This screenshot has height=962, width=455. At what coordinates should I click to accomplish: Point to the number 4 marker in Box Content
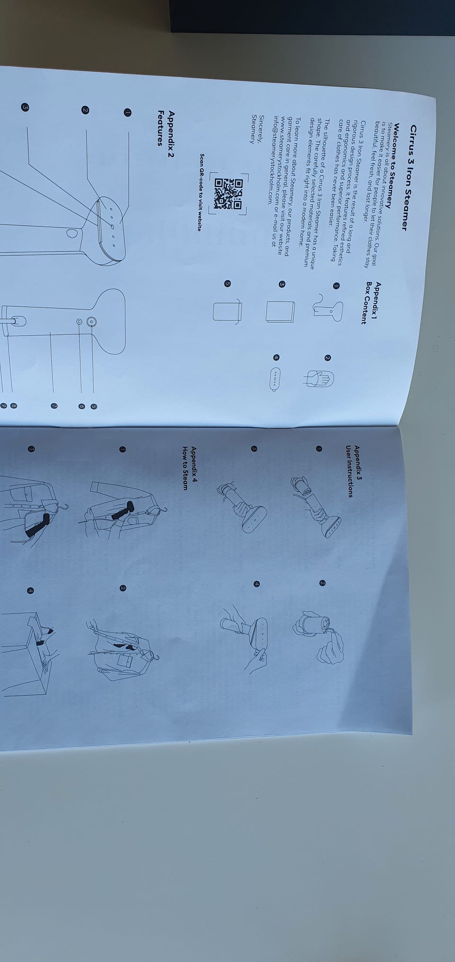pos(276,357)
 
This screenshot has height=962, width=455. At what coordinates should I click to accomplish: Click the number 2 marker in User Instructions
pos(322,583)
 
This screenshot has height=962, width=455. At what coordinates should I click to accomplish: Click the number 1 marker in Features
pos(127,112)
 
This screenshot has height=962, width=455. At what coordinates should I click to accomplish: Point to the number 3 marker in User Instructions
pos(255,448)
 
